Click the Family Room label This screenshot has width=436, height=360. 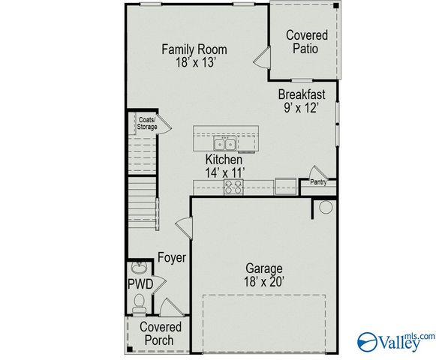point(194,50)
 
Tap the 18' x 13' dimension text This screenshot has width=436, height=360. point(194,64)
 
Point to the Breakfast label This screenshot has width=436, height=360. point(302,94)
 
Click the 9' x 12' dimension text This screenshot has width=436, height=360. point(302,108)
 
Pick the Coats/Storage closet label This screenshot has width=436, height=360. point(146,123)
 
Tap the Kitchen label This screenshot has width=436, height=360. point(224,160)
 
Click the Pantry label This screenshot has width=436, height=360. point(319,181)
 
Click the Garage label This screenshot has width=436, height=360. point(264,268)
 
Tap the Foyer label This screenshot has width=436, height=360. point(171,258)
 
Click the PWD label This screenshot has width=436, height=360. point(140,284)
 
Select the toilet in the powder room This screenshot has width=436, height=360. point(137,303)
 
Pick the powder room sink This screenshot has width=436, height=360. point(137,268)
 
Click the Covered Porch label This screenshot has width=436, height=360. point(161,334)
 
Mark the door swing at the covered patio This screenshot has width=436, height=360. point(260,58)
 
